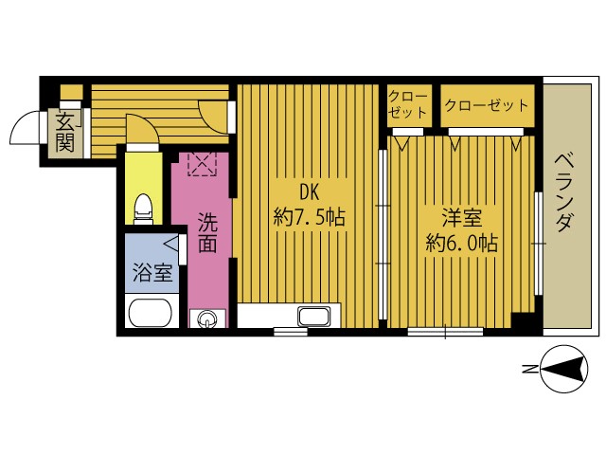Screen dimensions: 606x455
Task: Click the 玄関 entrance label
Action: (64, 134)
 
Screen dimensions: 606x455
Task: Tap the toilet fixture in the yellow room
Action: (143, 209)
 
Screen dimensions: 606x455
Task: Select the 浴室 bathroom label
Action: (152, 272)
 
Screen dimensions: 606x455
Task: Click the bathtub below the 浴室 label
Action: (150, 313)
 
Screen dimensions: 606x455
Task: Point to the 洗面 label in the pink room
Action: (207, 232)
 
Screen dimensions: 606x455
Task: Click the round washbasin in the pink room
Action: (207, 319)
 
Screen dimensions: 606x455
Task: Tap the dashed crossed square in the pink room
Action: (202, 164)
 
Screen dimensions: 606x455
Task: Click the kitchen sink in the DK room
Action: (314, 316)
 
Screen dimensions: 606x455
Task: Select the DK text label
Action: (310, 191)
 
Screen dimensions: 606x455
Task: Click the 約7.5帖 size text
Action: (310, 217)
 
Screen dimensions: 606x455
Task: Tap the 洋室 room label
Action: (463, 217)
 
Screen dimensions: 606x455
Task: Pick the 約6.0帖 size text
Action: (462, 244)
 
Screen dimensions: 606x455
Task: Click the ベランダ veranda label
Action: (564, 192)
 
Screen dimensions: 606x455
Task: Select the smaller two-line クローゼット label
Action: (408, 104)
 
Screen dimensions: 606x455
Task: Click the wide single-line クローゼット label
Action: (487, 105)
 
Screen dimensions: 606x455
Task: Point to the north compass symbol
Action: (564, 370)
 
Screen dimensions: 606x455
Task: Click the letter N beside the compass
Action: (528, 369)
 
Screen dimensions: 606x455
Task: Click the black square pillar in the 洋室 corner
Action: (523, 320)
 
